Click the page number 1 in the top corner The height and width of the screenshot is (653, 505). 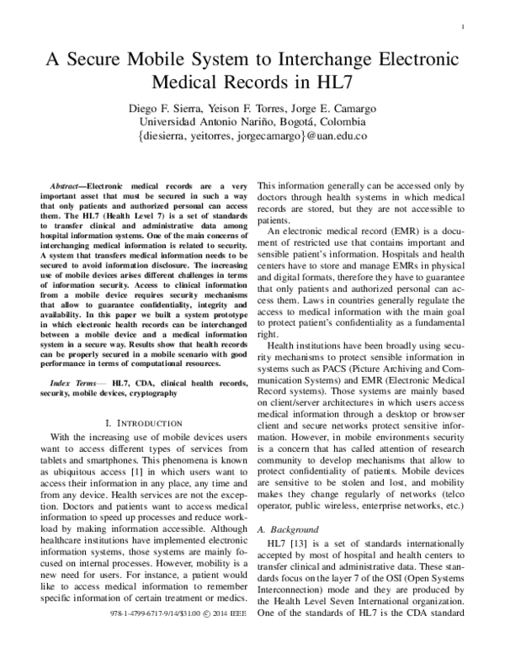(x=465, y=28)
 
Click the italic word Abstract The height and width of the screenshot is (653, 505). (x=66, y=183)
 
